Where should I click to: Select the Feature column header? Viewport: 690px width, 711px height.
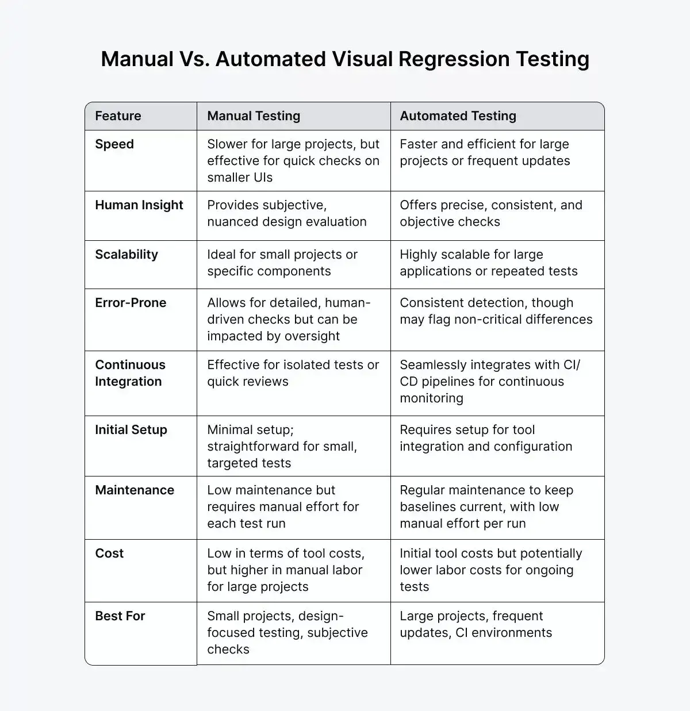[x=118, y=116]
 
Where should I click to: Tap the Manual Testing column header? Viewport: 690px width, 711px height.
[x=254, y=116]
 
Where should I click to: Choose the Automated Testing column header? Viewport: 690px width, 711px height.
[x=458, y=116]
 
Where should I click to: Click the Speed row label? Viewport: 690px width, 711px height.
[x=114, y=144]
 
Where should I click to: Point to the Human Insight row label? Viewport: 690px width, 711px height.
[x=139, y=205]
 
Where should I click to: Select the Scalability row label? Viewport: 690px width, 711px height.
[x=126, y=255]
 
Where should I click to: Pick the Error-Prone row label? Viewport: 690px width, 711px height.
[x=131, y=303]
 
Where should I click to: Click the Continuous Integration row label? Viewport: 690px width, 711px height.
[x=130, y=373]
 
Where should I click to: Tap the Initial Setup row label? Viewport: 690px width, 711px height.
[x=131, y=430]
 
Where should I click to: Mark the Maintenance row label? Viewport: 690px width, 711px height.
[x=135, y=490]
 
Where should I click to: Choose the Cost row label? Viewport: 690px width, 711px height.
[x=109, y=554]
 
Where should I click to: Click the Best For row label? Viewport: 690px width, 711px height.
[x=120, y=616]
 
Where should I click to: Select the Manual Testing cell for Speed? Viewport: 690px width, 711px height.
[x=293, y=161]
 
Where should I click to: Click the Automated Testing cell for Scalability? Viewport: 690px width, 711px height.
[x=489, y=263]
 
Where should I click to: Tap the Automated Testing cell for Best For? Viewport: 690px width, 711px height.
[x=476, y=625]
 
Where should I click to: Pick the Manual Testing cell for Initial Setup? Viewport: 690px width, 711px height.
[x=282, y=447]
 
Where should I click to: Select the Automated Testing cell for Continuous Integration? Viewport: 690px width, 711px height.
[x=489, y=382]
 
